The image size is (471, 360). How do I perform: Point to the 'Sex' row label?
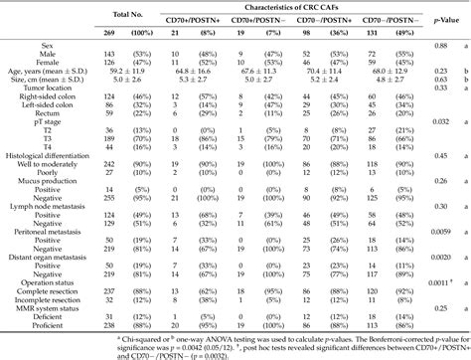(x=12, y=46)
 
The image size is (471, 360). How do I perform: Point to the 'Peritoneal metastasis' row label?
(x=44, y=228)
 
